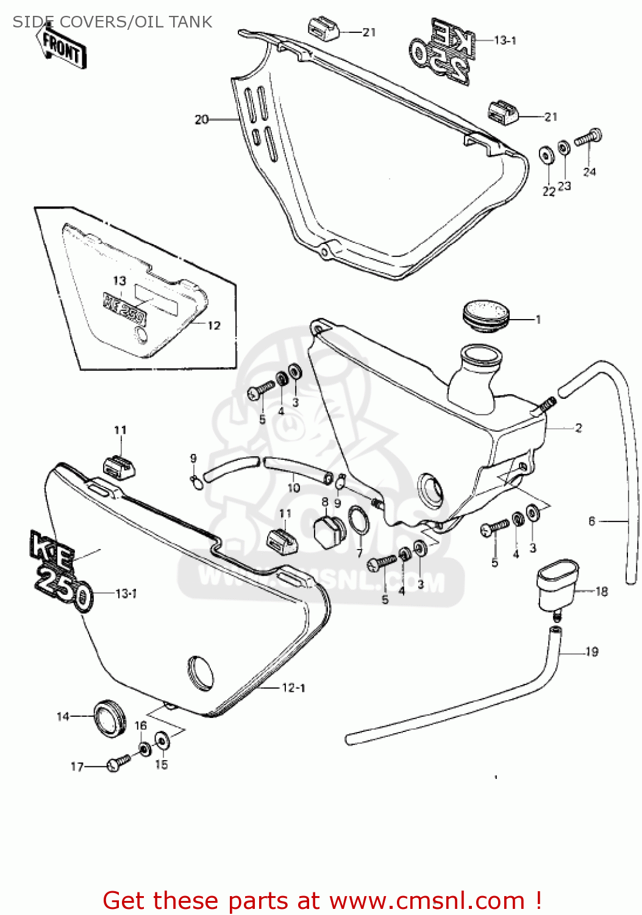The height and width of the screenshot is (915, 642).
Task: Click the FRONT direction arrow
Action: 62,48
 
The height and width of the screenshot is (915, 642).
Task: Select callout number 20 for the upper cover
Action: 202,120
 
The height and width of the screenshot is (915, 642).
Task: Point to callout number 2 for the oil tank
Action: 578,428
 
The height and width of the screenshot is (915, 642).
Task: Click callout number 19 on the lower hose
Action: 591,652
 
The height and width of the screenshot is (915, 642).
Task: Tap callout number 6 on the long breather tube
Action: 591,521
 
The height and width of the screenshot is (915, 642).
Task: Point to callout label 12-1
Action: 293,688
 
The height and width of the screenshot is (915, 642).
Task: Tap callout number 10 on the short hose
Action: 293,487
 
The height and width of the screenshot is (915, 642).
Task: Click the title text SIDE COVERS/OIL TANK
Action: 112,22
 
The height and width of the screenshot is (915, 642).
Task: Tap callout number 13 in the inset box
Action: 119,281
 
